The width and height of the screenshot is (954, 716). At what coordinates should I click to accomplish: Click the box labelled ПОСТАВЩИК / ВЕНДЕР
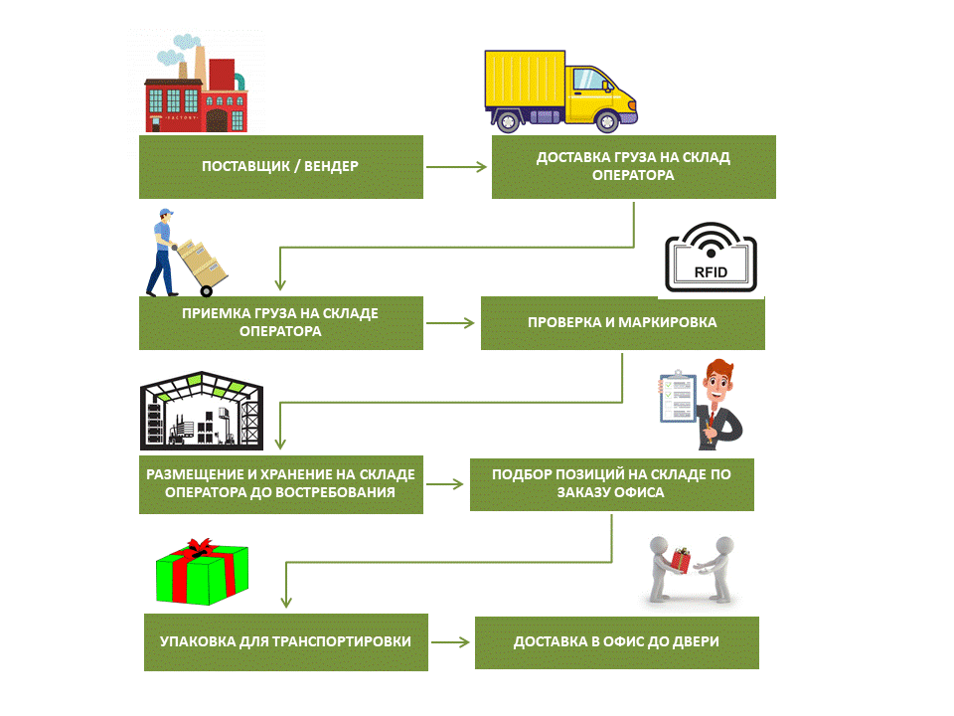click(x=281, y=167)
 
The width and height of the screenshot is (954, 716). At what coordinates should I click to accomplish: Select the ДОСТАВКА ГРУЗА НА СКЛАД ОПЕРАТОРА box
click(x=633, y=167)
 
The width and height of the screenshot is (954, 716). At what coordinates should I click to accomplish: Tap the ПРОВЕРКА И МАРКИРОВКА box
click(x=622, y=323)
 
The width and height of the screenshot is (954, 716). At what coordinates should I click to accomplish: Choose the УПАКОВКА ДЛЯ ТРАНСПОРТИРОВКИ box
click(x=286, y=642)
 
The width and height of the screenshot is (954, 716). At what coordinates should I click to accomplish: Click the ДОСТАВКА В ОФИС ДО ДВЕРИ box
click(x=617, y=643)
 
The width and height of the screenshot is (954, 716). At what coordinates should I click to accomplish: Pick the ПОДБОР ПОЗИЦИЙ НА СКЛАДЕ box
click(x=612, y=484)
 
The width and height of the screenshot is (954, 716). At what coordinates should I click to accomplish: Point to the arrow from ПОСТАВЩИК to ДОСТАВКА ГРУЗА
click(x=456, y=167)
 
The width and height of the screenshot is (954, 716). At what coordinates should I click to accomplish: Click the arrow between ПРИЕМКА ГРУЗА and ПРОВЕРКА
click(x=450, y=323)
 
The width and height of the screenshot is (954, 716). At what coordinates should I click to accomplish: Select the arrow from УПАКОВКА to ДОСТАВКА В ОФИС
click(x=450, y=642)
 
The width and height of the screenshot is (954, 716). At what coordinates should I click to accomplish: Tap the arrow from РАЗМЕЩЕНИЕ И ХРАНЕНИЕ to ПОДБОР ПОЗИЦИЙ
click(x=445, y=484)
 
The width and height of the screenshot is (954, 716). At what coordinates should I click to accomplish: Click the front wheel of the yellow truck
click(x=607, y=121)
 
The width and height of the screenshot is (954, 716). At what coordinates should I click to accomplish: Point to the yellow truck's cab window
click(x=591, y=80)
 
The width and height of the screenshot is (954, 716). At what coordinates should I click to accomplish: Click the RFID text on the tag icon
click(x=711, y=272)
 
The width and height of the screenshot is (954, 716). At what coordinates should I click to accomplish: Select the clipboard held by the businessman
click(x=678, y=397)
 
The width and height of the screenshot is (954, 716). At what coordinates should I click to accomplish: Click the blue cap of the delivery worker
click(x=166, y=213)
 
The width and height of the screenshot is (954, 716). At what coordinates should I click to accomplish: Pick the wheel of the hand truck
click(x=207, y=291)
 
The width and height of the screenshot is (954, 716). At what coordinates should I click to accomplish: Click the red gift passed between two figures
click(x=681, y=560)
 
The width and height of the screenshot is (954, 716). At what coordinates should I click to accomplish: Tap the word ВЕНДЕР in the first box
click(x=331, y=166)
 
